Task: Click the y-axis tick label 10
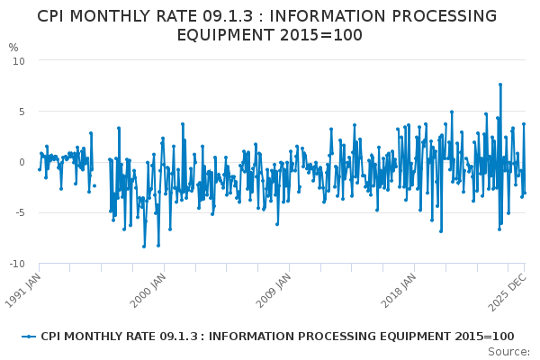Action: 19,60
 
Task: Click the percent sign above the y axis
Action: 13,47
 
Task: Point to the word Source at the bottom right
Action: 509,351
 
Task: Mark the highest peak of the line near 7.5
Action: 500,85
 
